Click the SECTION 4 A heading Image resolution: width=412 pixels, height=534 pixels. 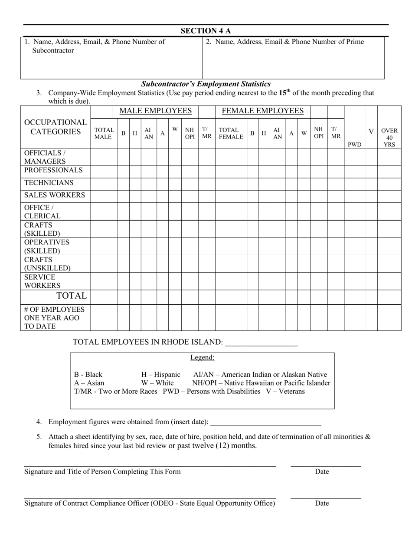point(206,31)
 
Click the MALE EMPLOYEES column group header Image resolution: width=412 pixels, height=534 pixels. point(155,111)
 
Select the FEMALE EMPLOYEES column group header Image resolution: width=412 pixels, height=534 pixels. point(262,111)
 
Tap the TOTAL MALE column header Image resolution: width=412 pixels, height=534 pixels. point(104,133)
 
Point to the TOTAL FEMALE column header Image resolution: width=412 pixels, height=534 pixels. point(231,133)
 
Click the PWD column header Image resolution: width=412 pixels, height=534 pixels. point(354,144)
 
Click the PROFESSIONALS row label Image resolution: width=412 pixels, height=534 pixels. point(53,170)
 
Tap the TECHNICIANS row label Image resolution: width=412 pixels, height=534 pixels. point(49,183)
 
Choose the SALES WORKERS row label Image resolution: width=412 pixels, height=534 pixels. point(54,195)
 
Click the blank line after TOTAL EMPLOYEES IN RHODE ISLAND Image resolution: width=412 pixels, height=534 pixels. point(262,343)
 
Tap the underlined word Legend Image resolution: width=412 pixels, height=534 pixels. point(202,358)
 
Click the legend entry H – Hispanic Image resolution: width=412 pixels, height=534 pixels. point(160,375)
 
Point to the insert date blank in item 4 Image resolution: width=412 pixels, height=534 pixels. point(265,422)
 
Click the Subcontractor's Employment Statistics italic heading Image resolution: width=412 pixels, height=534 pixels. point(206,84)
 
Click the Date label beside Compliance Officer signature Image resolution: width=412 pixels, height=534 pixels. point(322,504)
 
